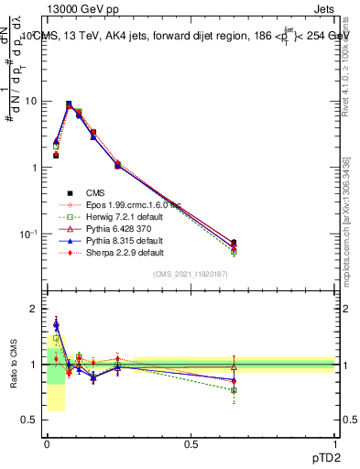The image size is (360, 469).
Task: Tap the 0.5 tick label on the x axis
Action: (191, 442)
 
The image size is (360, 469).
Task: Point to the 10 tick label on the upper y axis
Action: (30, 101)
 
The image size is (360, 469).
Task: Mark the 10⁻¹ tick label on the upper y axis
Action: (28, 234)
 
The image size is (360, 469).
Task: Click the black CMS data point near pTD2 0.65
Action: (234, 243)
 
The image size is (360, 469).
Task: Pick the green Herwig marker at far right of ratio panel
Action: (234, 390)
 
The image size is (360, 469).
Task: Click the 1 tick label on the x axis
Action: (334, 442)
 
